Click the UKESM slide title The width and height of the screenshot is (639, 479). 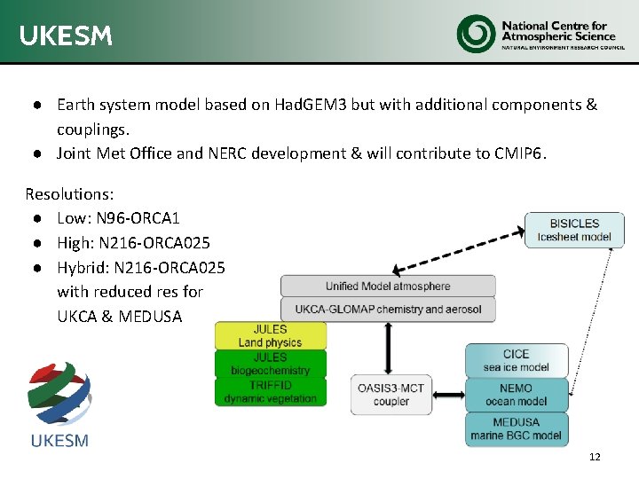point(66,35)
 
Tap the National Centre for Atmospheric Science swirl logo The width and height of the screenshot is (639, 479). point(476,34)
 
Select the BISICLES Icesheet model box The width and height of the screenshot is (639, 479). point(574,230)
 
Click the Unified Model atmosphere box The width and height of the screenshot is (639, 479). point(388,286)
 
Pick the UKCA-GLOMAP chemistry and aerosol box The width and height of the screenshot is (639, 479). point(388,310)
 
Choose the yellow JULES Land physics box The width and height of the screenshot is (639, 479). point(270,335)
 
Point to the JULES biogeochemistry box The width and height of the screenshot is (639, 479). point(270,364)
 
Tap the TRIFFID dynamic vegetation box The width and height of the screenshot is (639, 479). point(270,391)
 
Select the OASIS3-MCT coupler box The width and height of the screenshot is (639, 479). point(391,395)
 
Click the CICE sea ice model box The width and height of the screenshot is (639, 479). point(516,360)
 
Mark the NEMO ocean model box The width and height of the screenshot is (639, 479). point(516,395)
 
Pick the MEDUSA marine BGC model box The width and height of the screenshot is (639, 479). point(516,428)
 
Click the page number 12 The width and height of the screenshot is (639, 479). point(595,457)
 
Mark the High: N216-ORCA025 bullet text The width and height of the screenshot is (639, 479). point(133,243)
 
